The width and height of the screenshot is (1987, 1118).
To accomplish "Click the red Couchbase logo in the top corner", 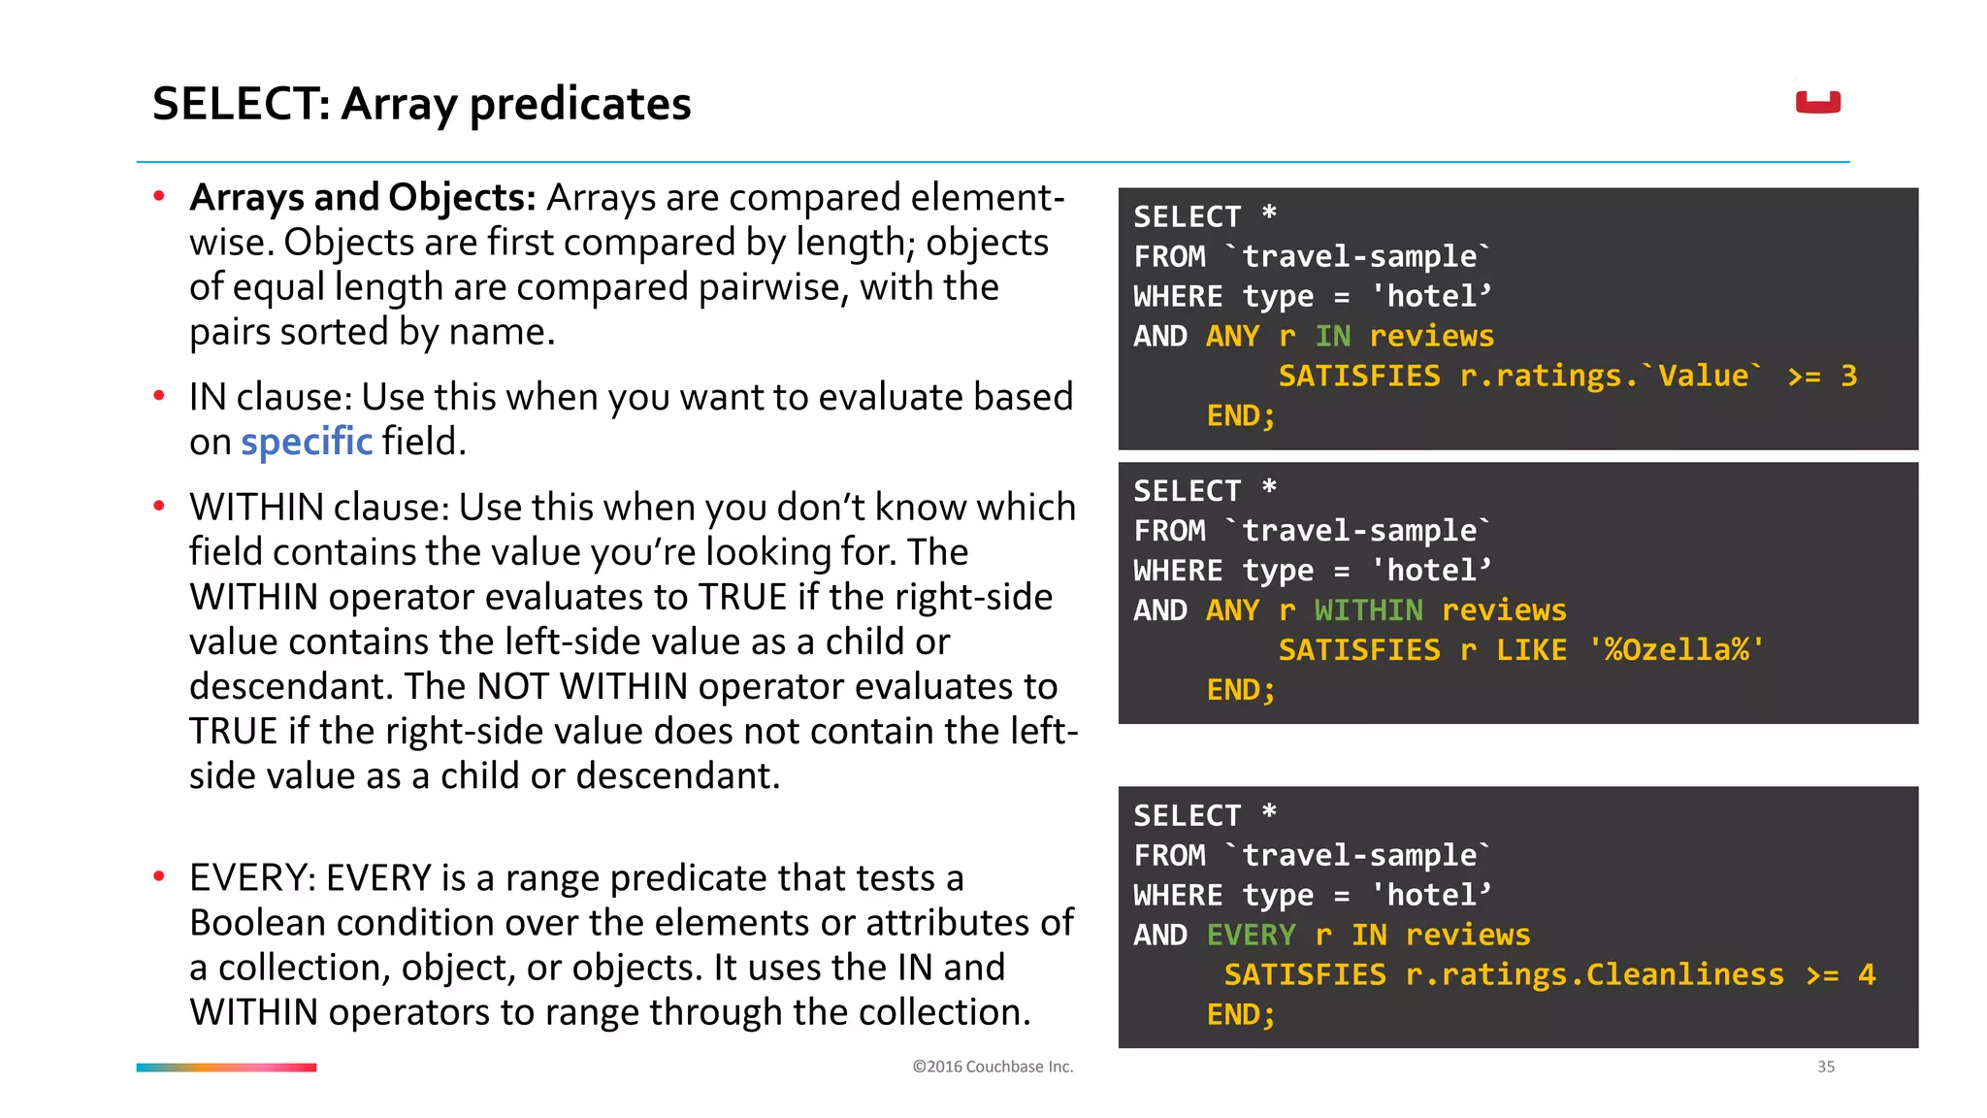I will pos(1817,102).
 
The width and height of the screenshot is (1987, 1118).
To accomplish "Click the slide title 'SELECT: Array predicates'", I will pos(421,104).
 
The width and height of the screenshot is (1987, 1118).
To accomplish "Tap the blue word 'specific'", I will pos(307,442).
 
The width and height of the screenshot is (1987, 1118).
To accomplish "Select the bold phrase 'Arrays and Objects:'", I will pos(363,197).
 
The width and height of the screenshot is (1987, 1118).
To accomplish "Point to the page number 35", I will pos(1825,1067).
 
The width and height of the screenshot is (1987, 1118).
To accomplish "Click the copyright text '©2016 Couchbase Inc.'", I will pos(993,1067).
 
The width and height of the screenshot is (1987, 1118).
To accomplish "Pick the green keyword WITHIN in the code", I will pos(1368,610).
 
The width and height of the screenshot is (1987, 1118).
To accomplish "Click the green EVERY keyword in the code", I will pos(1251,935).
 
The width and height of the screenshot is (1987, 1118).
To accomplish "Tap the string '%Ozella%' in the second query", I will pos(1676,650).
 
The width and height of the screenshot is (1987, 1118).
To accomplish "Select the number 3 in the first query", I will pos(1848,376).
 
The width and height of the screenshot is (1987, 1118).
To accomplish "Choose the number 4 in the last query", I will pos(1866,974).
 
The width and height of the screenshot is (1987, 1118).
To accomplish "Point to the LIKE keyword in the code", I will pos(1531,650).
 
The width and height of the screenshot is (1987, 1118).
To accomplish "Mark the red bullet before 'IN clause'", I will pos(159,396).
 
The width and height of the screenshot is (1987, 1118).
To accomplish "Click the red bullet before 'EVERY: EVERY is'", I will pos(159,877).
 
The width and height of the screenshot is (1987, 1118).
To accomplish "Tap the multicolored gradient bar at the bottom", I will pos(226,1068).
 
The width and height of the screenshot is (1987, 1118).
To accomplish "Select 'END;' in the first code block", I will pos(1240,416).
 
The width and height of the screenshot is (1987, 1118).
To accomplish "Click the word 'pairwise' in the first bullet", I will pos(773,287).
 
